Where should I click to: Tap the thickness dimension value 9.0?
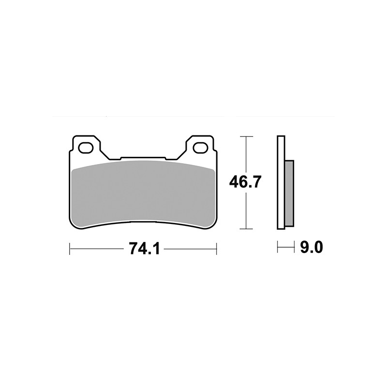(311, 248)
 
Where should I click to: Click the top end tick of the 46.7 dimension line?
(247, 137)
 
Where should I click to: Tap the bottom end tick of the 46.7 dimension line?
(247, 228)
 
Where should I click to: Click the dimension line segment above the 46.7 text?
(247, 155)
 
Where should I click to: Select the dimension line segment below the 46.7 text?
(247, 210)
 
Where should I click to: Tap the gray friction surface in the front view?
(143, 193)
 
